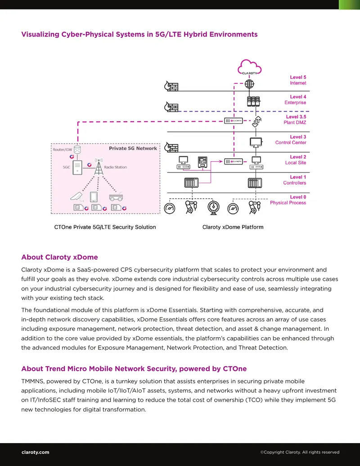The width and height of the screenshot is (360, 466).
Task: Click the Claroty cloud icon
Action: point(249,67)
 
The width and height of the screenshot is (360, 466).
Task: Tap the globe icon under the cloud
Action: point(249,84)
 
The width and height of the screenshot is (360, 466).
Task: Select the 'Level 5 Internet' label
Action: point(298,80)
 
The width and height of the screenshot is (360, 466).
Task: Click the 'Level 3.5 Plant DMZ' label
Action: point(295,119)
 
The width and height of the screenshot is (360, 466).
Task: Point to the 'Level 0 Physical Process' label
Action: point(288,200)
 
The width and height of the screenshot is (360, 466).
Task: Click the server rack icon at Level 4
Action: point(253,101)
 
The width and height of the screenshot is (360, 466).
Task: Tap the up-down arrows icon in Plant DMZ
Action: point(256,121)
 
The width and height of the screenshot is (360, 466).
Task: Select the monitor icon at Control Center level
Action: point(256,142)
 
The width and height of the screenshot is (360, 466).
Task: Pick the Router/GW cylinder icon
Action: point(77,149)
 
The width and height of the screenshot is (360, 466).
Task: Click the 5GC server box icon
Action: point(77,167)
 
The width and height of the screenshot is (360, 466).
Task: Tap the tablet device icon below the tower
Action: point(94,197)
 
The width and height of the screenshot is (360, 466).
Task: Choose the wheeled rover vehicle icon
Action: point(116,197)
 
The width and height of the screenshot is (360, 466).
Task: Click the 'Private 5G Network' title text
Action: point(133,148)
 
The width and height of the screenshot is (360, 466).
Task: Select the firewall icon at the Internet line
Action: point(171,86)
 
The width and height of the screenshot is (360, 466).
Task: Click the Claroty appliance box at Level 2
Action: point(234,162)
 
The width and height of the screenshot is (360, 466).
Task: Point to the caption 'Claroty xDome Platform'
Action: point(233,227)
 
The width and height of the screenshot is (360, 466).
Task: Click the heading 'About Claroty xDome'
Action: point(59,257)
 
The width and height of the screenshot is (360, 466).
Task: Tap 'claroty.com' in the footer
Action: point(36,452)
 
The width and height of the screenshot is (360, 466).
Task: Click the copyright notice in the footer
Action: point(300,452)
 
